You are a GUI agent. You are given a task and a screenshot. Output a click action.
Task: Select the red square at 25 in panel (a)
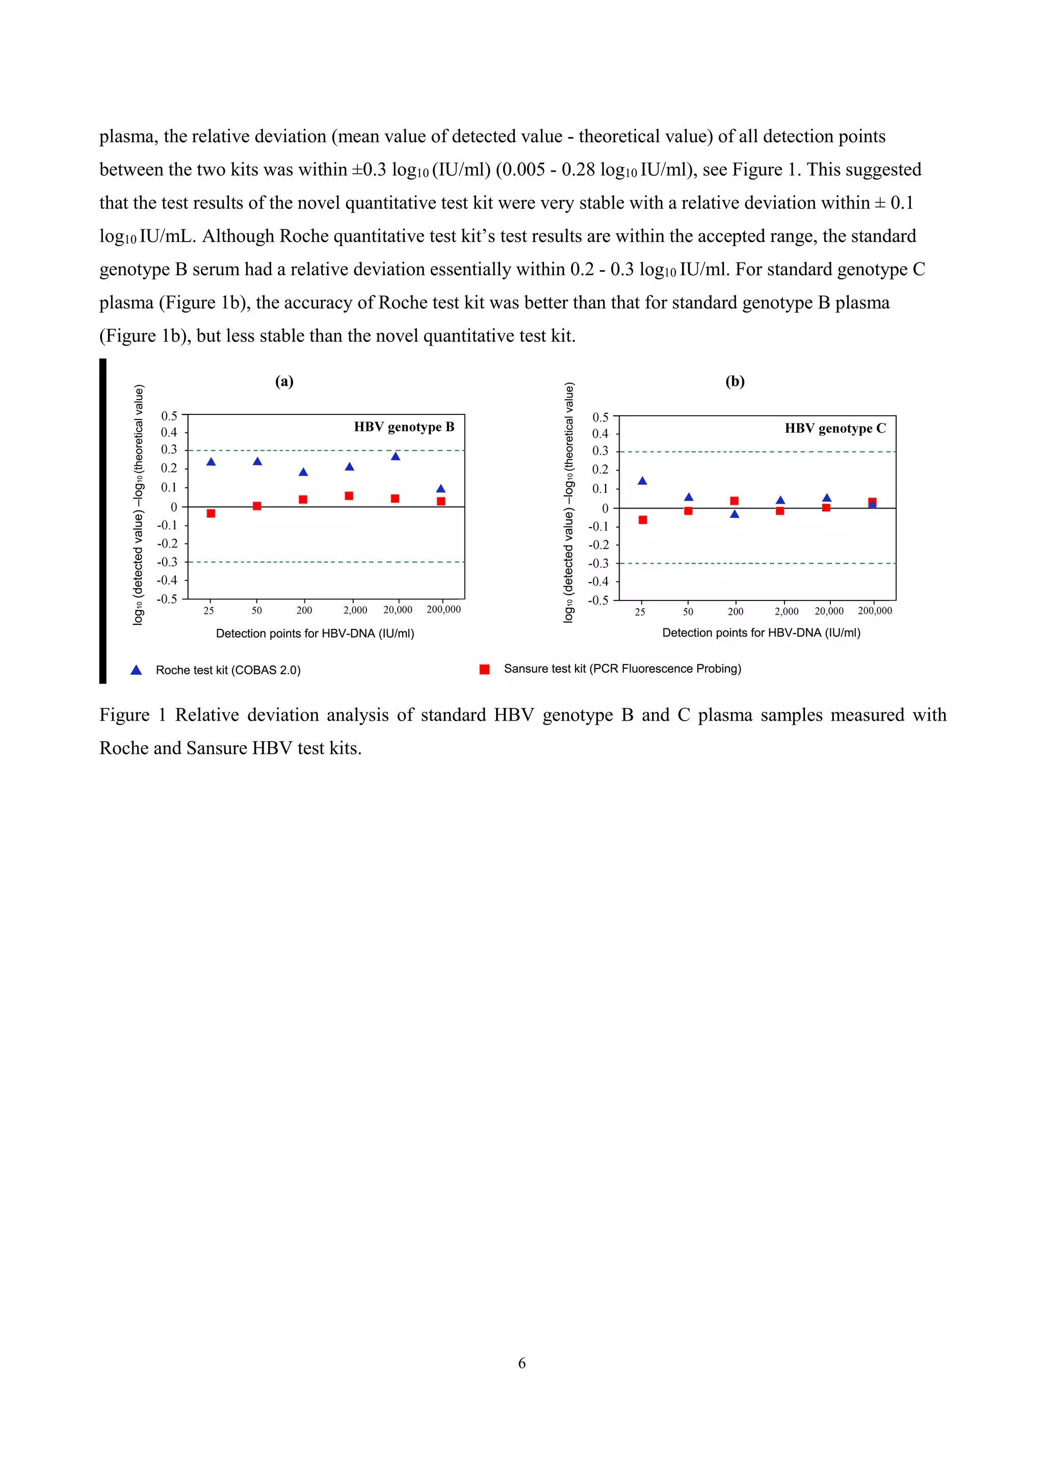click(211, 513)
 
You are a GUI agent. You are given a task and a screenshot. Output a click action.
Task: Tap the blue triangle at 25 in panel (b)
click(642, 481)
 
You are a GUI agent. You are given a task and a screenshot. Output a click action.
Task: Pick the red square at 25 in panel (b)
click(643, 519)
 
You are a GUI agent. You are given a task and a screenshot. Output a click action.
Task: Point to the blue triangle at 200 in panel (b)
click(735, 514)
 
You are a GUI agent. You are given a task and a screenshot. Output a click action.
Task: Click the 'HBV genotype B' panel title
click(404, 427)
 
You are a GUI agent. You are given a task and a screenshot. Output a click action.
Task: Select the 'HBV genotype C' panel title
click(835, 428)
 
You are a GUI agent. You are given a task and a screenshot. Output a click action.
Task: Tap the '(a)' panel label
click(284, 381)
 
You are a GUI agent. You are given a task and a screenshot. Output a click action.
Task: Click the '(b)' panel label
click(735, 381)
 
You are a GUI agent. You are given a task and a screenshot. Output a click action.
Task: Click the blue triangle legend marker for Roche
click(136, 670)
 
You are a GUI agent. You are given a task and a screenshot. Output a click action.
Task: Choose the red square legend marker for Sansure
click(485, 669)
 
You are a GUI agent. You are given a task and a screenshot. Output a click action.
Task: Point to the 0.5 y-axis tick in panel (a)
click(169, 416)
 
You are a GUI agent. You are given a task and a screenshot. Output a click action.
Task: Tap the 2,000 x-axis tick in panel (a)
click(355, 610)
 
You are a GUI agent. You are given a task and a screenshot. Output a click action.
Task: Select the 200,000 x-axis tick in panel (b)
click(875, 611)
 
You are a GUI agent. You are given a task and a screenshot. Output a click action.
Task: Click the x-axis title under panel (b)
click(761, 632)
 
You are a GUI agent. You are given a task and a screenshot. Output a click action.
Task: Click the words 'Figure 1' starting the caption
click(133, 715)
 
